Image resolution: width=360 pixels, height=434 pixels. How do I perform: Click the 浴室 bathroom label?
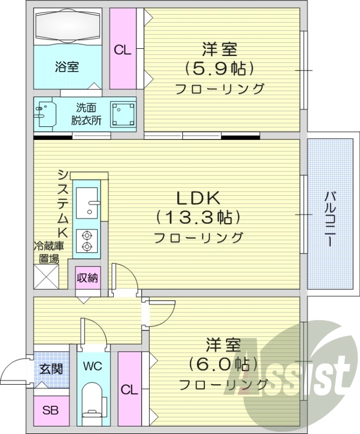67,67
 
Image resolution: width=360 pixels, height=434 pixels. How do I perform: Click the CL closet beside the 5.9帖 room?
123,50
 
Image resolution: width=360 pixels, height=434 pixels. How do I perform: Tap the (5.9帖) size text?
220,68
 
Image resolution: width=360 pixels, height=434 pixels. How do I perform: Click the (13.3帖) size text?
198,218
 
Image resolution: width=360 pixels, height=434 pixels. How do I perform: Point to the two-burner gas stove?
86,240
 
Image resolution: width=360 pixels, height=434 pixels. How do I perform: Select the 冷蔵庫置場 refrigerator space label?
49,252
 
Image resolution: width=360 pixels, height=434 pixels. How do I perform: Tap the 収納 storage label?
87,279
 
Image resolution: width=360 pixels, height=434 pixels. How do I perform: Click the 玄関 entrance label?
51,369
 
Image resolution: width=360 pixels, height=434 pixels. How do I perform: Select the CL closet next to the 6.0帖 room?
127,390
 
